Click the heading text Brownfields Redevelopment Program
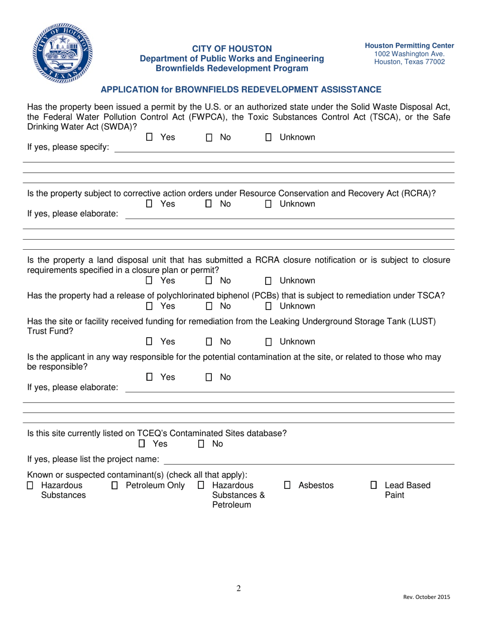[231, 68]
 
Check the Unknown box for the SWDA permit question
[269, 138]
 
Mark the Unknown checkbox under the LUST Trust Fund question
[269, 343]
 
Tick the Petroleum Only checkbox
[115, 486]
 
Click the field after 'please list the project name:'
[309, 461]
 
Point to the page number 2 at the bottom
[238, 589]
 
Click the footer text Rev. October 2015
[426, 597]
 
